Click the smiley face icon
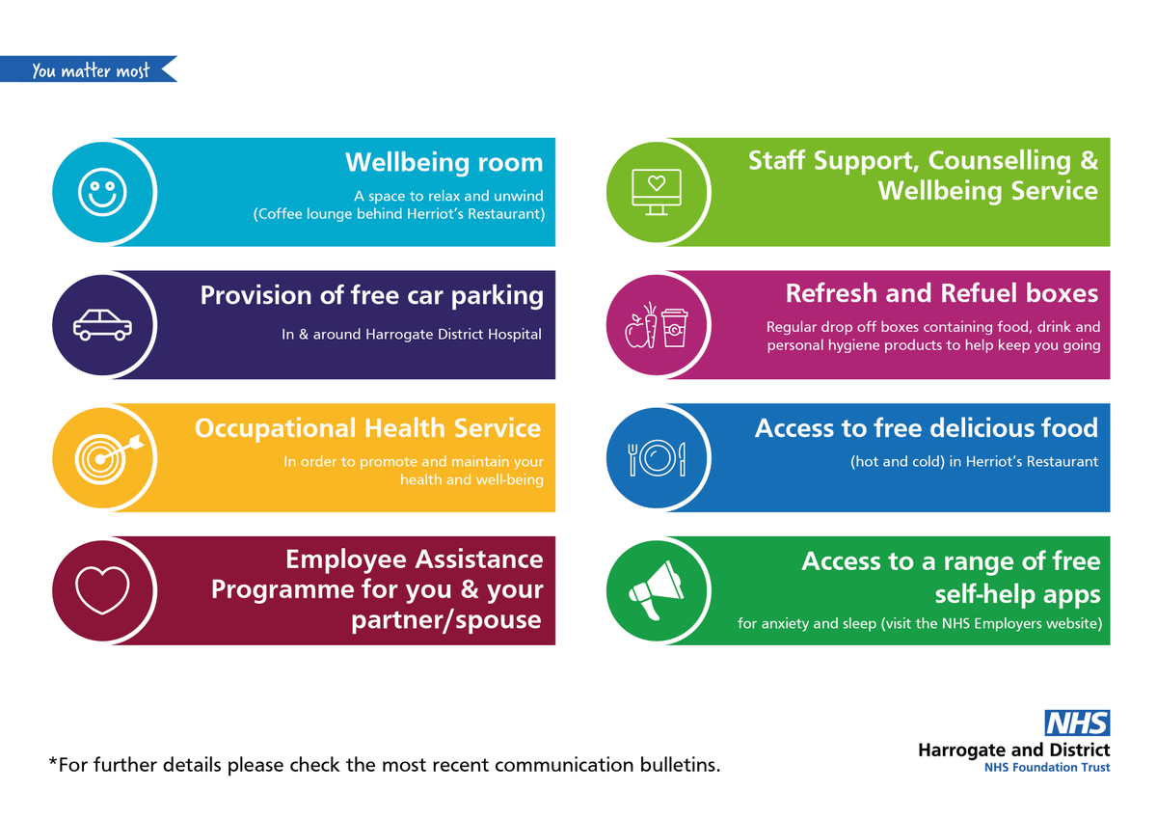(x=103, y=192)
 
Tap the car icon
(x=103, y=325)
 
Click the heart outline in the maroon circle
(x=102, y=589)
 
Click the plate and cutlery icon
(x=657, y=457)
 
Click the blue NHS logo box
(x=1077, y=723)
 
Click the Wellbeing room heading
(x=444, y=162)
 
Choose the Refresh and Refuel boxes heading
(x=941, y=292)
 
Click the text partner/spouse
(x=446, y=619)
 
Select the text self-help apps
(x=1017, y=591)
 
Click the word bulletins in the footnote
(x=673, y=766)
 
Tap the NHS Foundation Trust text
(x=1046, y=768)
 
